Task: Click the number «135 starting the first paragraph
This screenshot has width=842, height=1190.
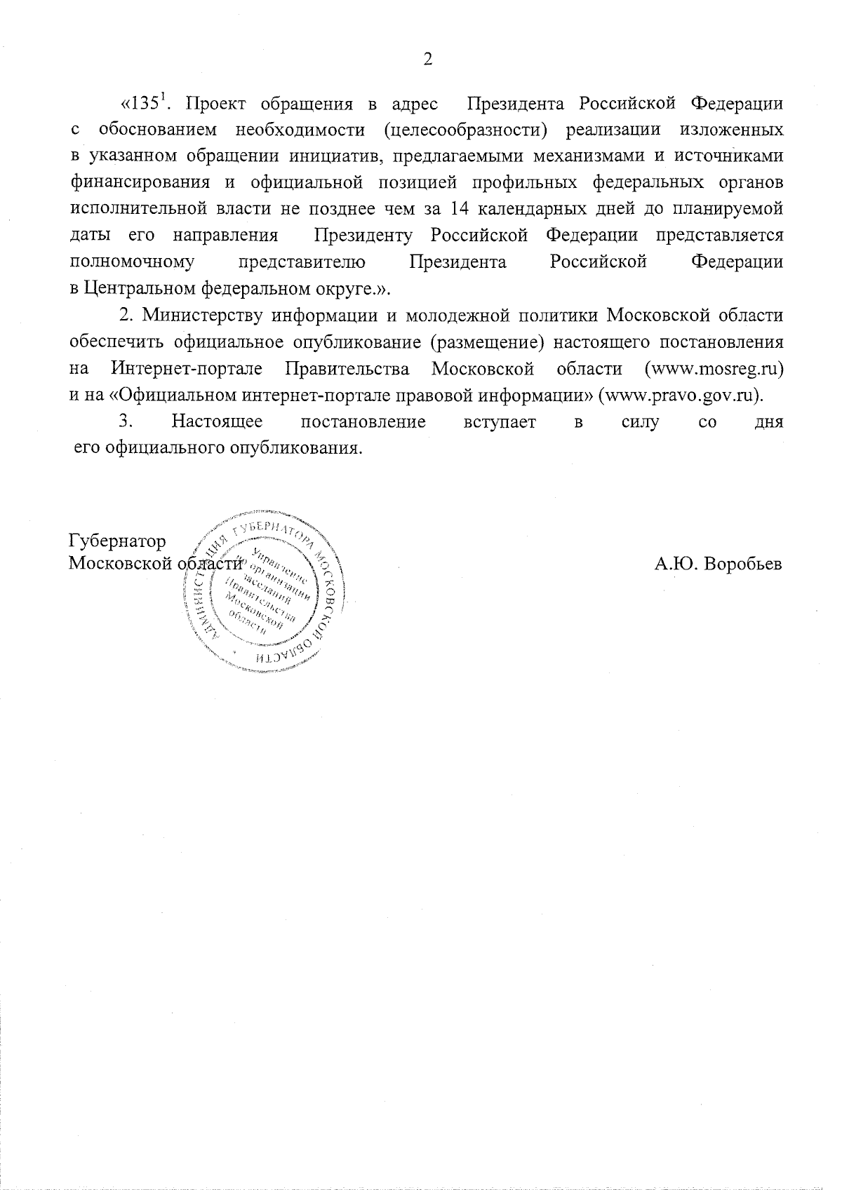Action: tap(142, 104)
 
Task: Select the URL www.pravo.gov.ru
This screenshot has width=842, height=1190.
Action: tap(679, 395)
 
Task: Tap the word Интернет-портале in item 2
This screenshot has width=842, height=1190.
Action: tap(186, 368)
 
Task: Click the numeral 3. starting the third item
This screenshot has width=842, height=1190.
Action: tap(126, 421)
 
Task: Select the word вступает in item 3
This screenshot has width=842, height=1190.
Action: tap(500, 421)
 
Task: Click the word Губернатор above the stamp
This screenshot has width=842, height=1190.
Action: tap(117, 541)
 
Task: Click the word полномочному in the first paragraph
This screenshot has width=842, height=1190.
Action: tap(133, 262)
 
